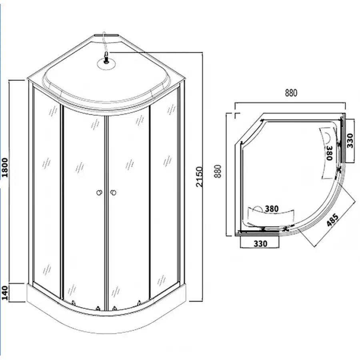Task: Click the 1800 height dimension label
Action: pyautogui.click(x=5, y=167)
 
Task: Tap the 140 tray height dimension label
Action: pyautogui.click(x=5, y=293)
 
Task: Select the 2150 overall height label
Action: pyautogui.click(x=199, y=177)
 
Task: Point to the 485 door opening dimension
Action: pyautogui.click(x=332, y=220)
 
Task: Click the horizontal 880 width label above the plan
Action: pyautogui.click(x=291, y=93)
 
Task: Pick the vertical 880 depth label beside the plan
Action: pyautogui.click(x=218, y=171)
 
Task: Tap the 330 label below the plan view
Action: pyautogui.click(x=260, y=243)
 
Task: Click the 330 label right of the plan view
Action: pyautogui.click(x=350, y=141)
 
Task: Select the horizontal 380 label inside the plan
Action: pyautogui.click(x=272, y=209)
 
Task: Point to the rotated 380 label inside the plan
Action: pyautogui.click(x=330, y=153)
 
